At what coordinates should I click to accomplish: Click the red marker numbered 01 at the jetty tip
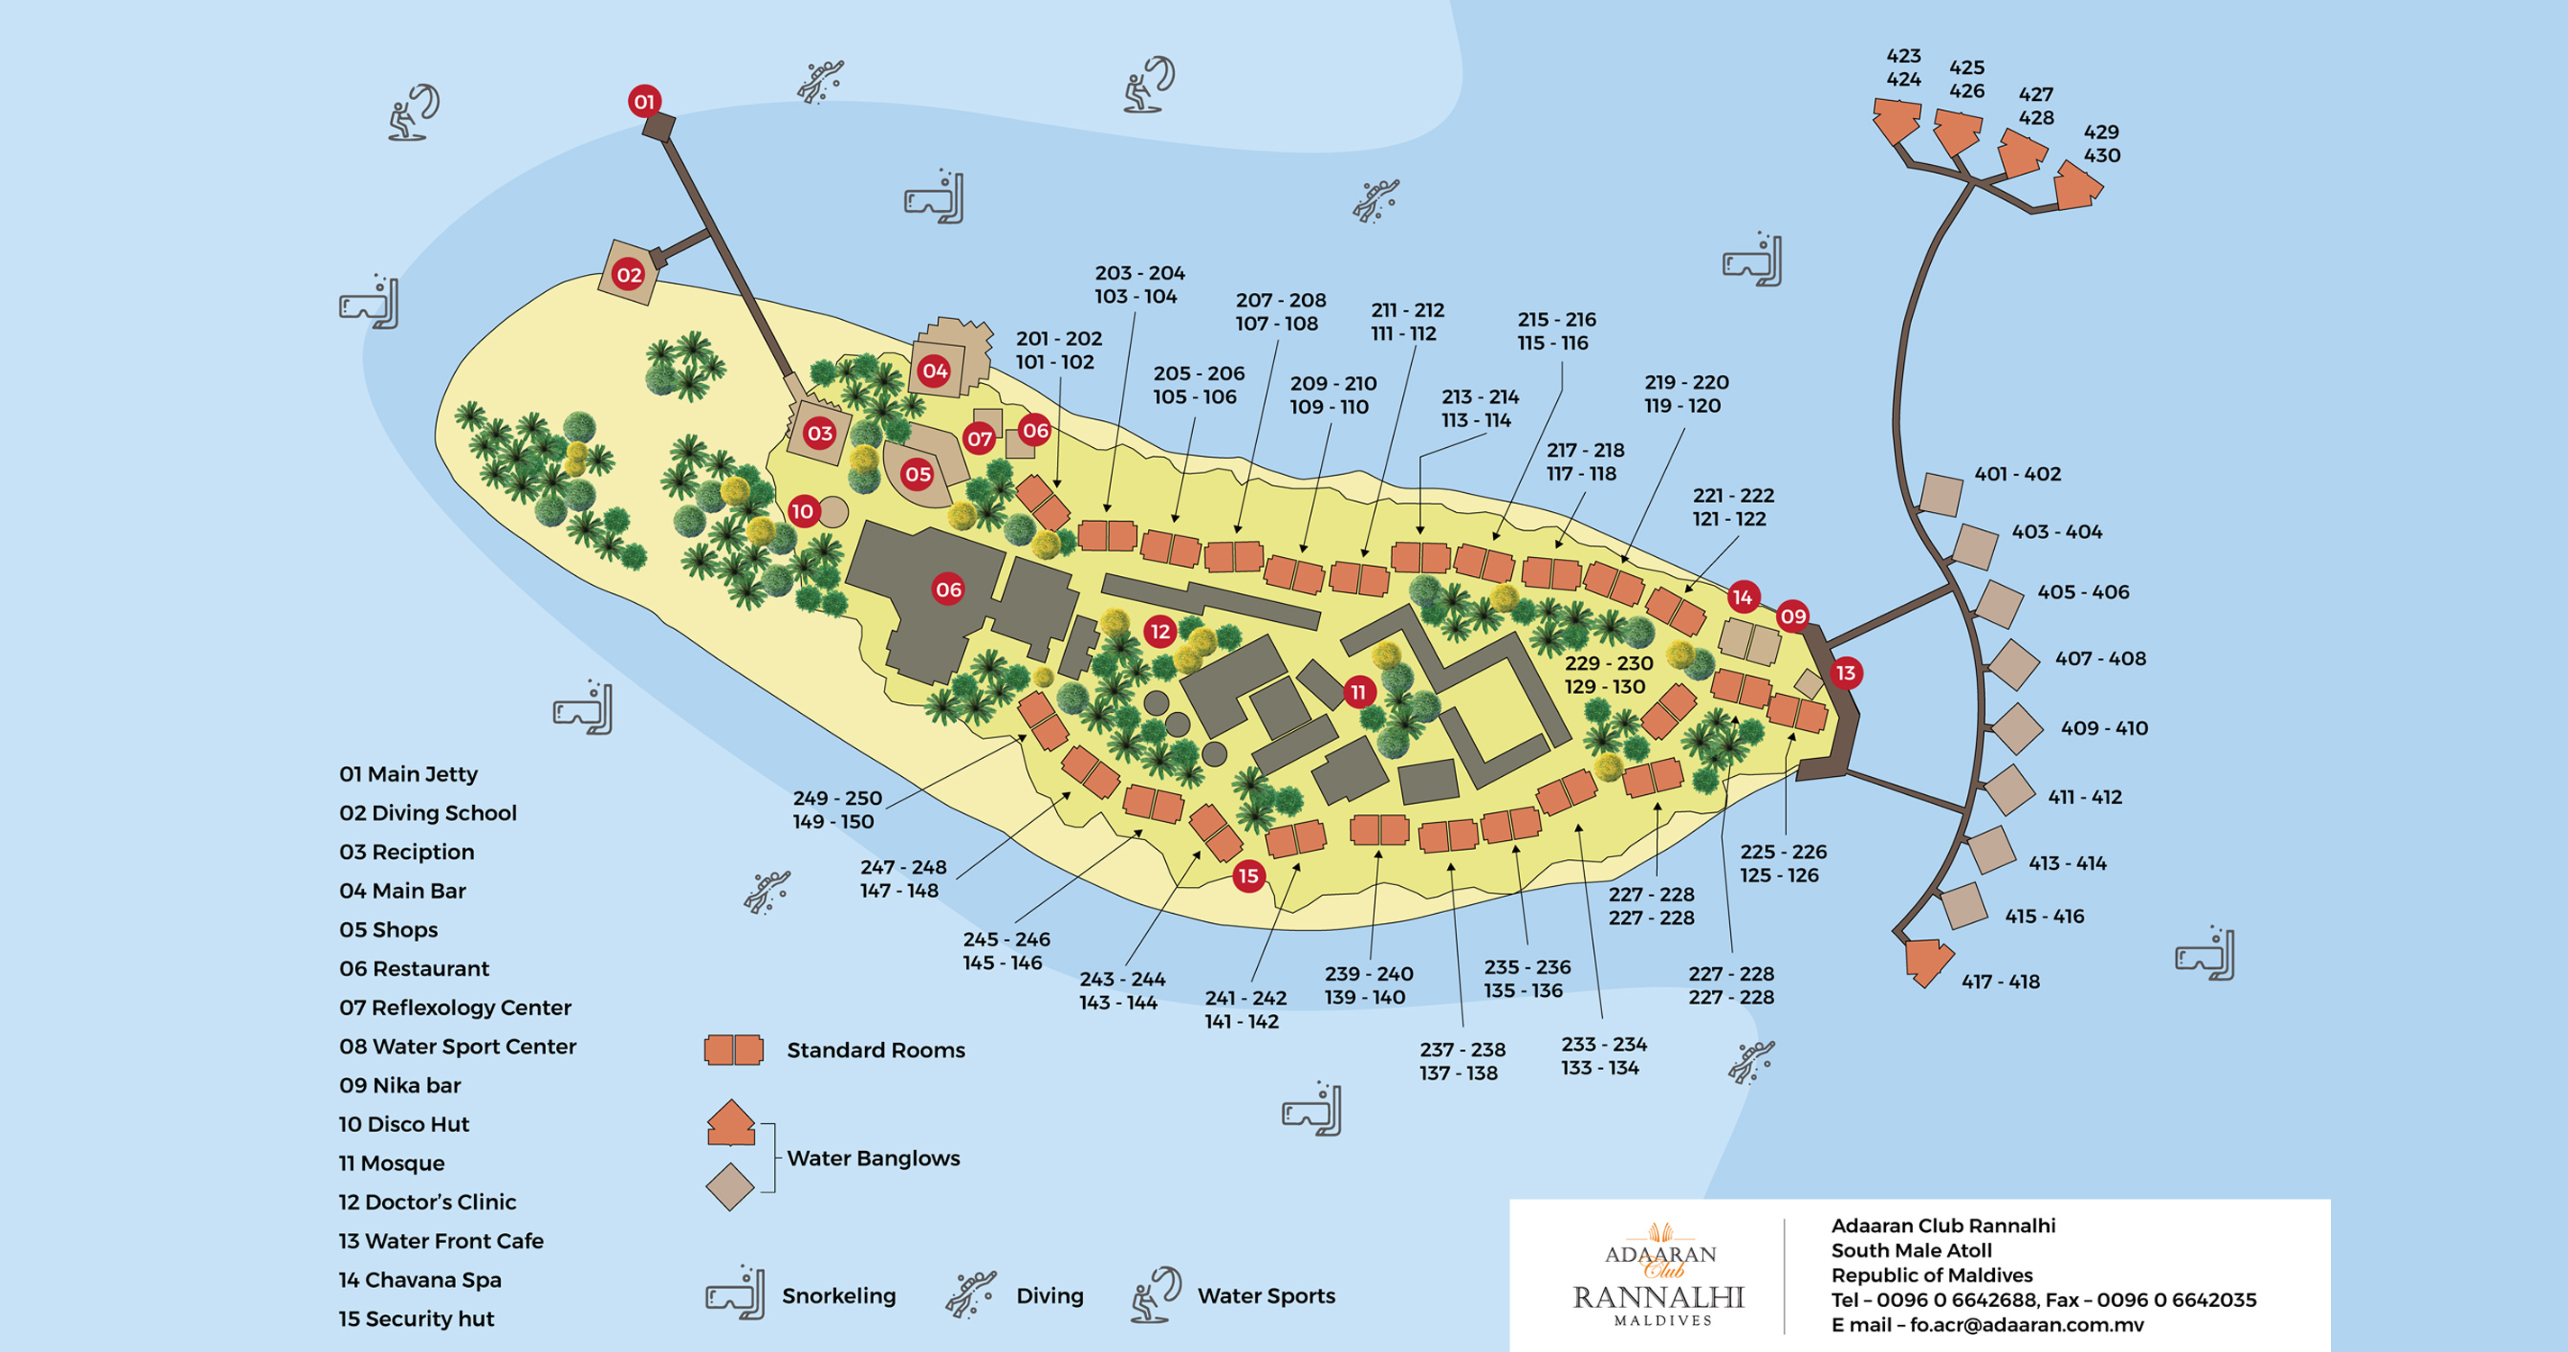[644, 102]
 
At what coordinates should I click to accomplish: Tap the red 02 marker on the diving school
[628, 275]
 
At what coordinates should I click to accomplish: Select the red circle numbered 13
[1845, 673]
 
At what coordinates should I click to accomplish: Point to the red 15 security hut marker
[1248, 876]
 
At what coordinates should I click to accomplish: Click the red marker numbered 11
[1358, 692]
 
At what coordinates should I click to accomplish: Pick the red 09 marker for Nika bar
[1792, 617]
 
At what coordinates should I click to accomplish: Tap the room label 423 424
[1903, 68]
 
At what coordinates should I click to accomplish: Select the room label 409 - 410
[2103, 729]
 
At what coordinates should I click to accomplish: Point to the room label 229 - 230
[1608, 664]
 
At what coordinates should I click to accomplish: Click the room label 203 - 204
[1140, 273]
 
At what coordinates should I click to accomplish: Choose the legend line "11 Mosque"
[391, 1164]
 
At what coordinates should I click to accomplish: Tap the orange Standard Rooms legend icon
[733, 1050]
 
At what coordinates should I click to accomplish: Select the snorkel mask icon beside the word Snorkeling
[735, 1293]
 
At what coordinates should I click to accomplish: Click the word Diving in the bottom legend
[1049, 1296]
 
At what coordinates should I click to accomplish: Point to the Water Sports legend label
[1265, 1296]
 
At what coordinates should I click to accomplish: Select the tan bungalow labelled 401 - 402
[1940, 495]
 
